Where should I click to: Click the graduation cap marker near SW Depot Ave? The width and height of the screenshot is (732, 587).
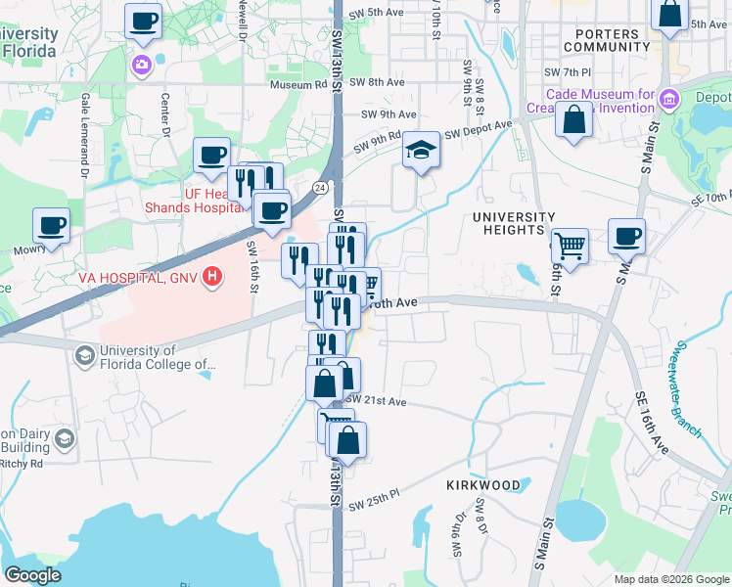[x=421, y=151]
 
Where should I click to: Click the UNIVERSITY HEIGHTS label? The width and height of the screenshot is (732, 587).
[x=513, y=223]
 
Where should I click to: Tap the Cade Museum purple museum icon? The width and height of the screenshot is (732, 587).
[x=669, y=97]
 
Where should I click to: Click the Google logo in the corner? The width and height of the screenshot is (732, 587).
[x=32, y=575]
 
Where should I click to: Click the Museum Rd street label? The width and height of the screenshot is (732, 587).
[x=297, y=84]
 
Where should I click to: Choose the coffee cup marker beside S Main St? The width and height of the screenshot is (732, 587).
[x=626, y=236]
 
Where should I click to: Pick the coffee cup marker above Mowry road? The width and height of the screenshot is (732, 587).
[x=52, y=224]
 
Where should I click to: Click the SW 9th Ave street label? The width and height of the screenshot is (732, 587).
[x=384, y=113]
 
